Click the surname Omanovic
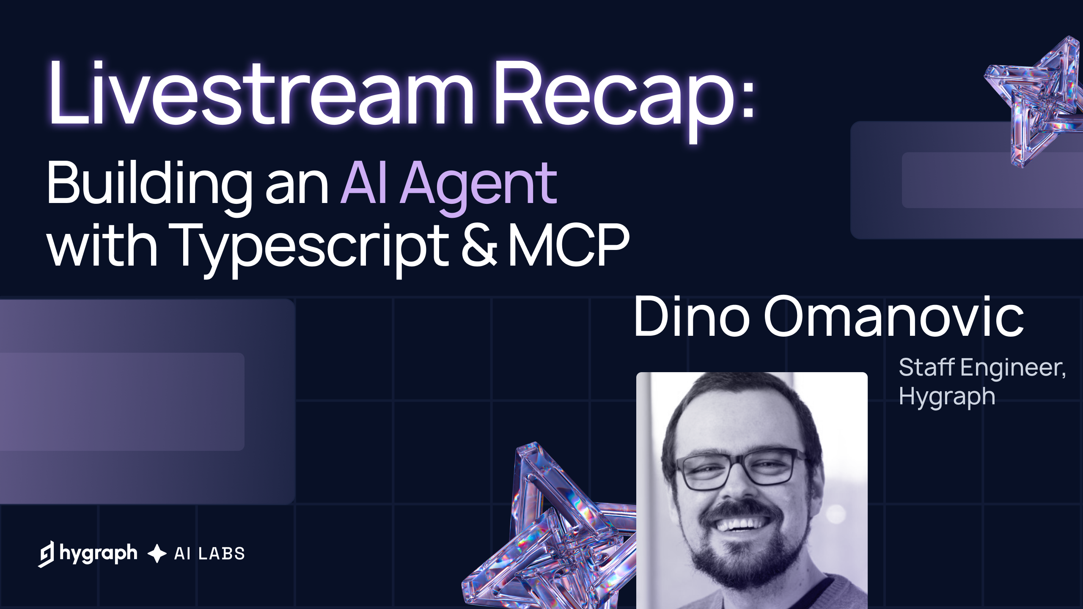[x=893, y=317]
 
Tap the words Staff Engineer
[x=981, y=367]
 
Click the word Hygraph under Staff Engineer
[x=947, y=397]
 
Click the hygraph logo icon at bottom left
[x=47, y=554]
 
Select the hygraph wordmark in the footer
[x=99, y=553]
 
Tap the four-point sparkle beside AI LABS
[x=157, y=554]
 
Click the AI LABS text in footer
[x=209, y=554]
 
